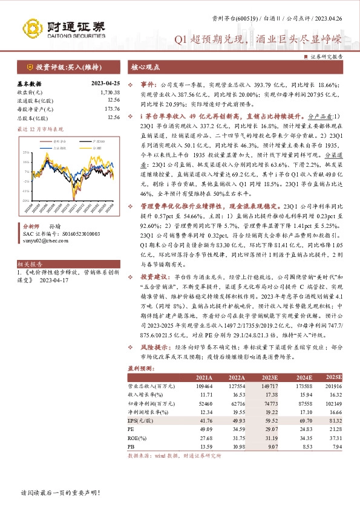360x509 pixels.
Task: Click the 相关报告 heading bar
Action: [x=28, y=264]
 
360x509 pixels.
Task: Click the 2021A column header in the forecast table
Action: [x=205, y=377]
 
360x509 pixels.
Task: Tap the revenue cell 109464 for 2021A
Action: [x=205, y=385]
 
